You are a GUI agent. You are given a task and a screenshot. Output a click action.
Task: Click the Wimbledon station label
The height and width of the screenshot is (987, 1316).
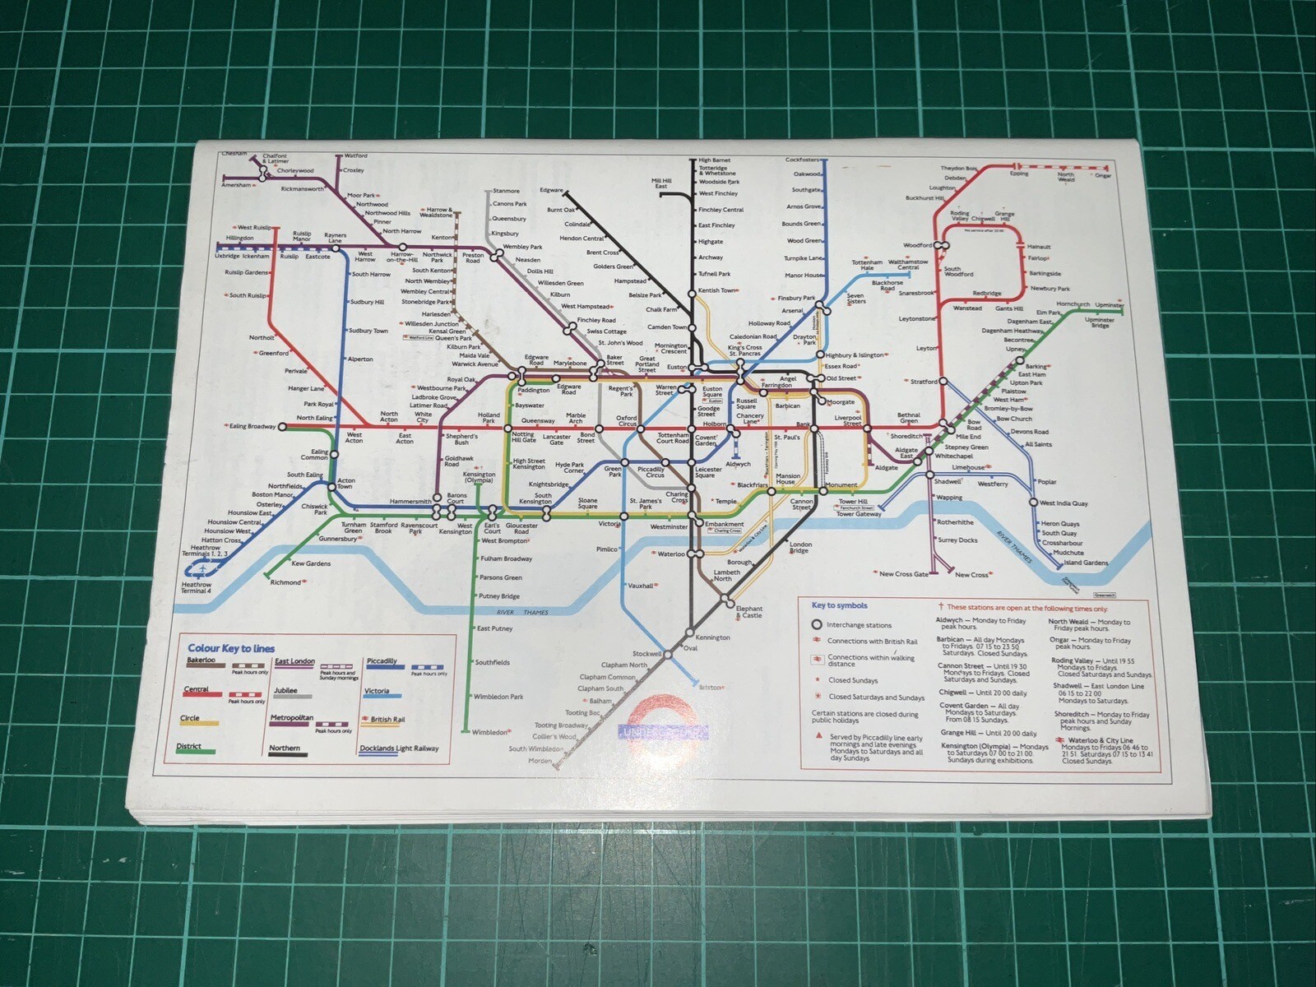click(489, 732)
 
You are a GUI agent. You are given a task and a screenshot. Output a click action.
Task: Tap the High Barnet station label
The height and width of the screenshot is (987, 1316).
click(714, 160)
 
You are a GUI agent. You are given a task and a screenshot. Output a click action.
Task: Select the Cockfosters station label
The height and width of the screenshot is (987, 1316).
click(802, 160)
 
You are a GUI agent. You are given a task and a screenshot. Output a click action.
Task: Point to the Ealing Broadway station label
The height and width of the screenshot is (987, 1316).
click(253, 426)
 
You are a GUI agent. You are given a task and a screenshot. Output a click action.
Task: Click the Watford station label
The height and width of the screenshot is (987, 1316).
click(355, 155)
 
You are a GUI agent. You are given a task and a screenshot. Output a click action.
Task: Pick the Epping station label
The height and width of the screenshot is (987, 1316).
click(1019, 174)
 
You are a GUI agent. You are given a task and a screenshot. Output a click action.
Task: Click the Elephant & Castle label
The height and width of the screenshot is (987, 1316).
click(749, 612)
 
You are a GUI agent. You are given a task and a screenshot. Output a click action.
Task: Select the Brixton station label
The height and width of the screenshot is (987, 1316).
click(710, 687)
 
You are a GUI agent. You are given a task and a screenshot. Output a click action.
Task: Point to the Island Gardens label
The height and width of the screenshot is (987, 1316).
click(1086, 563)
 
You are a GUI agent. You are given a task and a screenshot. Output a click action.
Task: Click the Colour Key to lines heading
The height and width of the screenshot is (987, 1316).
click(231, 648)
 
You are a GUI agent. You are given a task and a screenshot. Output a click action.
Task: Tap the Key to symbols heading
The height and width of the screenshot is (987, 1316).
click(839, 605)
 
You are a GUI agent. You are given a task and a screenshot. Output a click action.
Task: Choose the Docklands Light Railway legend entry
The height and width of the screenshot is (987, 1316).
click(399, 748)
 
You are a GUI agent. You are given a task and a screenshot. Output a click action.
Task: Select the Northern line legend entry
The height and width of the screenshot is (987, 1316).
click(284, 748)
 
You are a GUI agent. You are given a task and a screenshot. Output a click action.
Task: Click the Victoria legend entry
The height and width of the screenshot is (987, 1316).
click(377, 691)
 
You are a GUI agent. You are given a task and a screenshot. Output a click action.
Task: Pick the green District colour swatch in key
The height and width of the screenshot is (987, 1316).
click(196, 752)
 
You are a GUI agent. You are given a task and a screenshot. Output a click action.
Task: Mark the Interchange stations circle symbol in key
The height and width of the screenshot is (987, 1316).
click(817, 624)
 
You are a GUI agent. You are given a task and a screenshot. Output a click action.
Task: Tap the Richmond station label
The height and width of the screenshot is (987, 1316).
click(285, 582)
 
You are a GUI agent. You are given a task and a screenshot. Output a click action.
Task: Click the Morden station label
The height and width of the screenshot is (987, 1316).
click(540, 761)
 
